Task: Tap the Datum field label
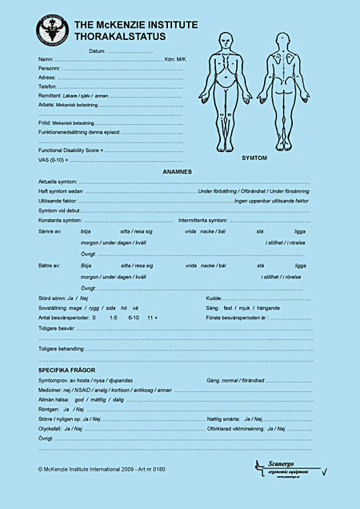97,51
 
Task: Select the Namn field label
46,60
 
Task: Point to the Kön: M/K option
174,60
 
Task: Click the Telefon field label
47,86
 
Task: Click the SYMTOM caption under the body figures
254,158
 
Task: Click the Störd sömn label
54,298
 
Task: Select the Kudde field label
214,298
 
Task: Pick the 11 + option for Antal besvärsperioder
153,318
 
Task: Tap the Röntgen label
50,409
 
